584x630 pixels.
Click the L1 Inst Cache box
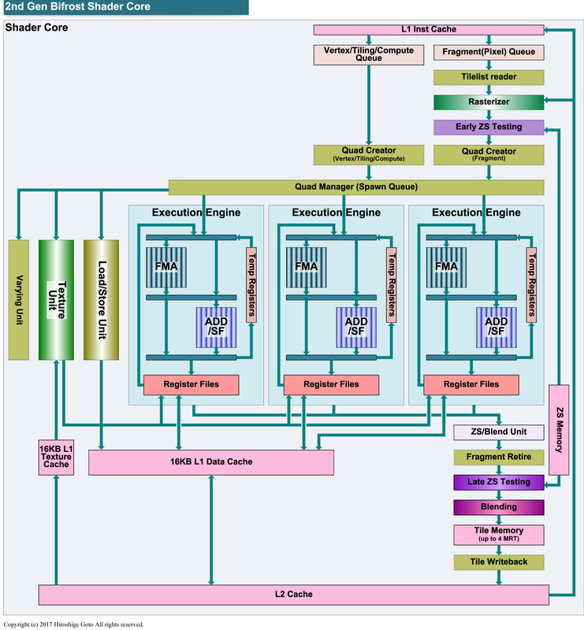[429, 30]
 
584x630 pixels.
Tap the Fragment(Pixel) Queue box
[489, 54]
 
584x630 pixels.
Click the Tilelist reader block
[489, 78]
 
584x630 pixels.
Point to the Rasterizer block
[489, 102]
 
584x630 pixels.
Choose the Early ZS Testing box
[489, 127]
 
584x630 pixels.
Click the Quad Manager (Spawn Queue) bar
[356, 187]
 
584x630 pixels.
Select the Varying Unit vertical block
[18, 299]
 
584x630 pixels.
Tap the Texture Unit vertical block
[56, 299]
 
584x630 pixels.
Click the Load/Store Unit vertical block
[101, 299]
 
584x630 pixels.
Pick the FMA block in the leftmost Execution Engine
[166, 266]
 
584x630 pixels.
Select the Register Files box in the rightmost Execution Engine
[471, 384]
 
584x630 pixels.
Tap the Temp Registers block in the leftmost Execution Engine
[251, 284]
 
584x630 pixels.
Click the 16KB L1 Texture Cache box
[56, 457]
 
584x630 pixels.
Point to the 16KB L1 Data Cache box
[210, 462]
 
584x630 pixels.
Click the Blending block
[498, 507]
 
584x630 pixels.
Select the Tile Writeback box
[498, 561]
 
